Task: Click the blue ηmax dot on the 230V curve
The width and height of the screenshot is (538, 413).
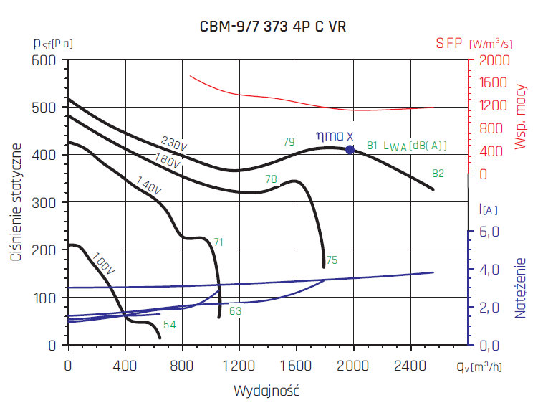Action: point(350,150)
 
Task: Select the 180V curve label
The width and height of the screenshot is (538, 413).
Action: point(166,161)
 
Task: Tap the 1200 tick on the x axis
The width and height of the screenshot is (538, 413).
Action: point(239,364)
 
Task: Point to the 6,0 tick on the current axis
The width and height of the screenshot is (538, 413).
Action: point(487,232)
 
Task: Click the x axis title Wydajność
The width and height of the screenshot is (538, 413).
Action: point(266,391)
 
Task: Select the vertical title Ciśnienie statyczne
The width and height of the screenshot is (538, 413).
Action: point(16,202)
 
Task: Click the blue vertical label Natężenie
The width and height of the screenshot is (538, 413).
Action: point(521,288)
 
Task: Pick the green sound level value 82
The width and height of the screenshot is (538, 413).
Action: point(438,174)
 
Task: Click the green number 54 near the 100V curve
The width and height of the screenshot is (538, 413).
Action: point(169,325)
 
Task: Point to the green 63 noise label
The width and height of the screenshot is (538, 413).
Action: point(235,311)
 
